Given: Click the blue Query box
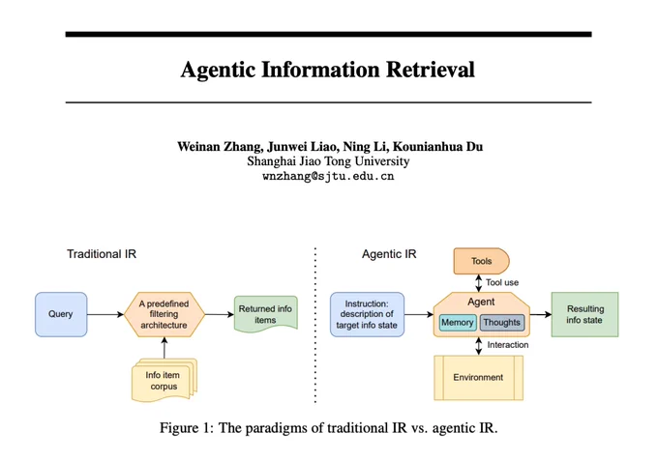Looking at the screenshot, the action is click(61, 314).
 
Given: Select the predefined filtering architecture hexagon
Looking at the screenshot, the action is click(164, 314).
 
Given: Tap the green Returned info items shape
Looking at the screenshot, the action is click(266, 314).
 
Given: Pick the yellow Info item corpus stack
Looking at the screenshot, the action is click(164, 380).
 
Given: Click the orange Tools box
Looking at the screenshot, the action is click(481, 261).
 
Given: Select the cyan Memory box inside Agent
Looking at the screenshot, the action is click(458, 322).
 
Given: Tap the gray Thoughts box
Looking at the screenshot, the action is click(502, 322).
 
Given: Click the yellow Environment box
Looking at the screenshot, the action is click(478, 378).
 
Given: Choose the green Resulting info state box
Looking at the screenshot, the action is click(584, 314).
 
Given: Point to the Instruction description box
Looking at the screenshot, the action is click(367, 314).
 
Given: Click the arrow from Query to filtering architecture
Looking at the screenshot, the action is click(105, 314).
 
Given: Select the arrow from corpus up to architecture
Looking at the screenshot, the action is click(164, 348).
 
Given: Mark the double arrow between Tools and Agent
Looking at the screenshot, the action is click(479, 283).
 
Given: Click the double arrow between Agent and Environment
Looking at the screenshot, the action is click(479, 346).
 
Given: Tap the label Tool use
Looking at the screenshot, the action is click(502, 282).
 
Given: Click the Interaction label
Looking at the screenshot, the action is click(508, 345).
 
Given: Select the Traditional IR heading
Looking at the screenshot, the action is click(102, 254).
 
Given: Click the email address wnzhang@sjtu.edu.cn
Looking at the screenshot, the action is click(328, 176).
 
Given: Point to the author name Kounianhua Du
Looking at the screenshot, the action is click(437, 147).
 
